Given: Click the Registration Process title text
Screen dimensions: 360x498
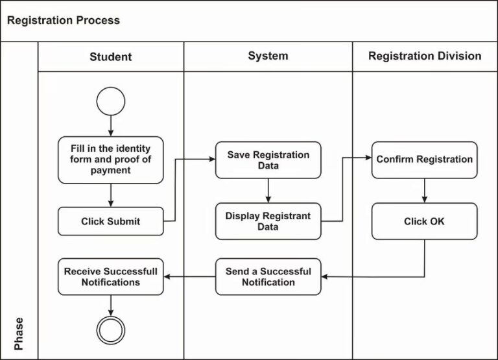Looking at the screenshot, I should click(63, 20).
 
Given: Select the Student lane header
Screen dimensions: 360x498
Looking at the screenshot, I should click(110, 56).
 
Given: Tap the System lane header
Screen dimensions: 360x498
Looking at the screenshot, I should click(268, 56).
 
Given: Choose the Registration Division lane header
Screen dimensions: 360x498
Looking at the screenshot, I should click(425, 56).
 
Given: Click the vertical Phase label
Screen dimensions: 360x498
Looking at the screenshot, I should click(19, 333).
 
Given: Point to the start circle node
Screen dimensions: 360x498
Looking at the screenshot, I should click(110, 101).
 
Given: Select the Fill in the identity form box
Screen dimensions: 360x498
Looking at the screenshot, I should click(110, 160).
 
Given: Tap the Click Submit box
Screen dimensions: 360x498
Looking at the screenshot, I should click(110, 221).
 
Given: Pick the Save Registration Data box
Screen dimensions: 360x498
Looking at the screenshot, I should click(268, 160).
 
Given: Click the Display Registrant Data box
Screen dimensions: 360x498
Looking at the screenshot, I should click(268, 221).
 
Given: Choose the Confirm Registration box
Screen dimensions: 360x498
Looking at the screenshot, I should click(425, 160).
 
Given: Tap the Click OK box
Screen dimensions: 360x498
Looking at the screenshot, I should click(425, 221).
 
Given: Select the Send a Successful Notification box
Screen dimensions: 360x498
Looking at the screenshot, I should click(268, 276).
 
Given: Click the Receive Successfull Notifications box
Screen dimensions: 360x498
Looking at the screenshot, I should click(110, 276).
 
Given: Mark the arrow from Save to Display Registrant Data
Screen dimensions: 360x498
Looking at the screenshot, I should click(268, 190).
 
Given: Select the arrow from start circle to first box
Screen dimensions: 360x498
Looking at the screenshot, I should click(110, 125).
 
